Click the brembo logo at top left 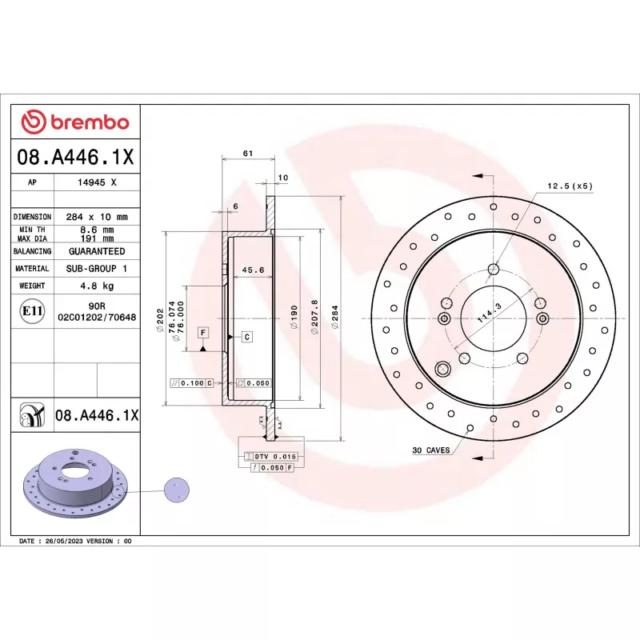click(74, 122)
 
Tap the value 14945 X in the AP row click(97, 182)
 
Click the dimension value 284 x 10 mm click(97, 217)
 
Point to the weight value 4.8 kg click(97, 286)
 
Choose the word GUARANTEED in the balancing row click(97, 251)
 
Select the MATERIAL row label click(32, 269)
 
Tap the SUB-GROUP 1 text click(97, 269)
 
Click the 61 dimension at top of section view click(247, 153)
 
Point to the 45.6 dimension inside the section click(253, 270)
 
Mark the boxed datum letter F click(203, 332)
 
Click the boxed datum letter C click(247, 337)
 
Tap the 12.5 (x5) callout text click(570, 186)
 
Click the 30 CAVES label click(430, 451)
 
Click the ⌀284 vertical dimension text click(335, 318)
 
